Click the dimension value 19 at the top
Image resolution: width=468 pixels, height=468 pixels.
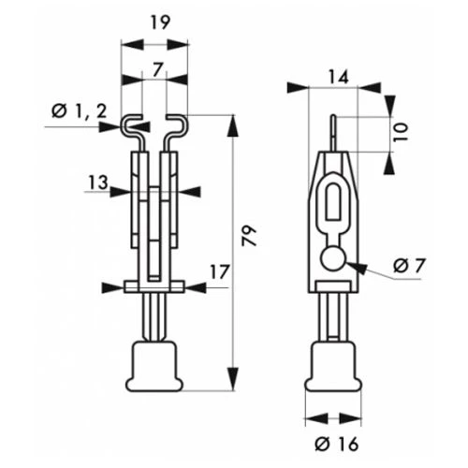click(160, 22)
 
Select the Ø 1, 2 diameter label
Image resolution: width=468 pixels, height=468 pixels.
click(80, 111)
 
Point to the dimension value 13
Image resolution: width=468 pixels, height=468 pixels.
click(98, 183)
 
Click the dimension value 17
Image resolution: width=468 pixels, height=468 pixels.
click(220, 272)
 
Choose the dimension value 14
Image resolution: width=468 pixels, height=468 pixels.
click(339, 77)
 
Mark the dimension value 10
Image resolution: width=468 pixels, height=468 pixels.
click(401, 132)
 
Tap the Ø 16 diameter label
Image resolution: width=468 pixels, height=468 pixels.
click(337, 444)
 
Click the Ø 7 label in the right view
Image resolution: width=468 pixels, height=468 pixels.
click(409, 266)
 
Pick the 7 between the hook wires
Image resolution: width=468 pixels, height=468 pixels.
click(158, 69)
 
